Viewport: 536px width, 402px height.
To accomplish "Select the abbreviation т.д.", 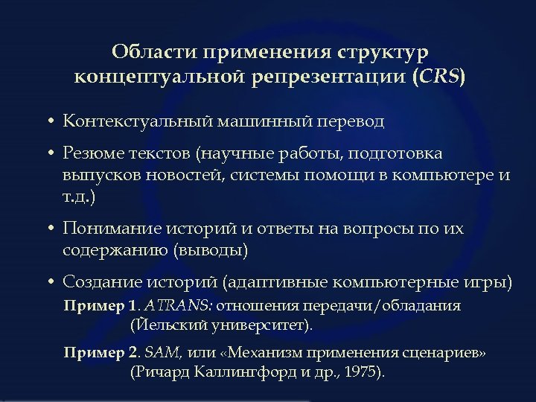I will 79,198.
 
